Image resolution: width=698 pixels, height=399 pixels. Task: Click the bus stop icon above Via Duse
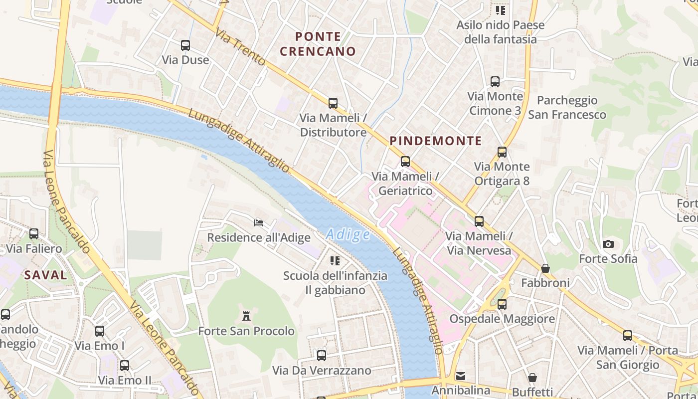(185, 45)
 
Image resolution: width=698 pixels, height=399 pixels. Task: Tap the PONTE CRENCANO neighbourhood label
(318, 44)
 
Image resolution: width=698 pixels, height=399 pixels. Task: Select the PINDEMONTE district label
(436, 141)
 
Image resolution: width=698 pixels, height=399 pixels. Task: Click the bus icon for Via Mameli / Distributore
(333, 103)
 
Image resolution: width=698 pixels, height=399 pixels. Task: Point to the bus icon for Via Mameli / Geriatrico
(405, 162)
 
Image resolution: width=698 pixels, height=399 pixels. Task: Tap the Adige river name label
(348, 234)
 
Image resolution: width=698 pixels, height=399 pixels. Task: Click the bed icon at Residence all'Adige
(259, 222)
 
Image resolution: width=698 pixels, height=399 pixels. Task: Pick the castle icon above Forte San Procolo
(246, 316)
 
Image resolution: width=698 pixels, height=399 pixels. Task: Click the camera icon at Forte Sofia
(608, 244)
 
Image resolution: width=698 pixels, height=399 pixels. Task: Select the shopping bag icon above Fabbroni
(545, 268)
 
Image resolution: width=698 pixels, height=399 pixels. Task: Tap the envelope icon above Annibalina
(461, 376)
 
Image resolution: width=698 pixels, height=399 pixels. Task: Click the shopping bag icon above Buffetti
(532, 377)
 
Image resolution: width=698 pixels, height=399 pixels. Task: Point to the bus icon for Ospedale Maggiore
(502, 304)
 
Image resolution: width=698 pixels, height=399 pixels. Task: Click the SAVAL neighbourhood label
(45, 275)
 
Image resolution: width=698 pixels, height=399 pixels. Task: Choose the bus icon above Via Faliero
(34, 233)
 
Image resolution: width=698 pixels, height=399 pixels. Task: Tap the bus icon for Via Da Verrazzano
(322, 356)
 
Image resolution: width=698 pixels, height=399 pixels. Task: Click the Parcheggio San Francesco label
(567, 107)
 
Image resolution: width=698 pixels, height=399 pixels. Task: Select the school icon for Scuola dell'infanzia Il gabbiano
(335, 260)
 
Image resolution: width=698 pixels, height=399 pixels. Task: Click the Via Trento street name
(240, 47)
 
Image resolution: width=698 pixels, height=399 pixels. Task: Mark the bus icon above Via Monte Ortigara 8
(502, 152)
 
